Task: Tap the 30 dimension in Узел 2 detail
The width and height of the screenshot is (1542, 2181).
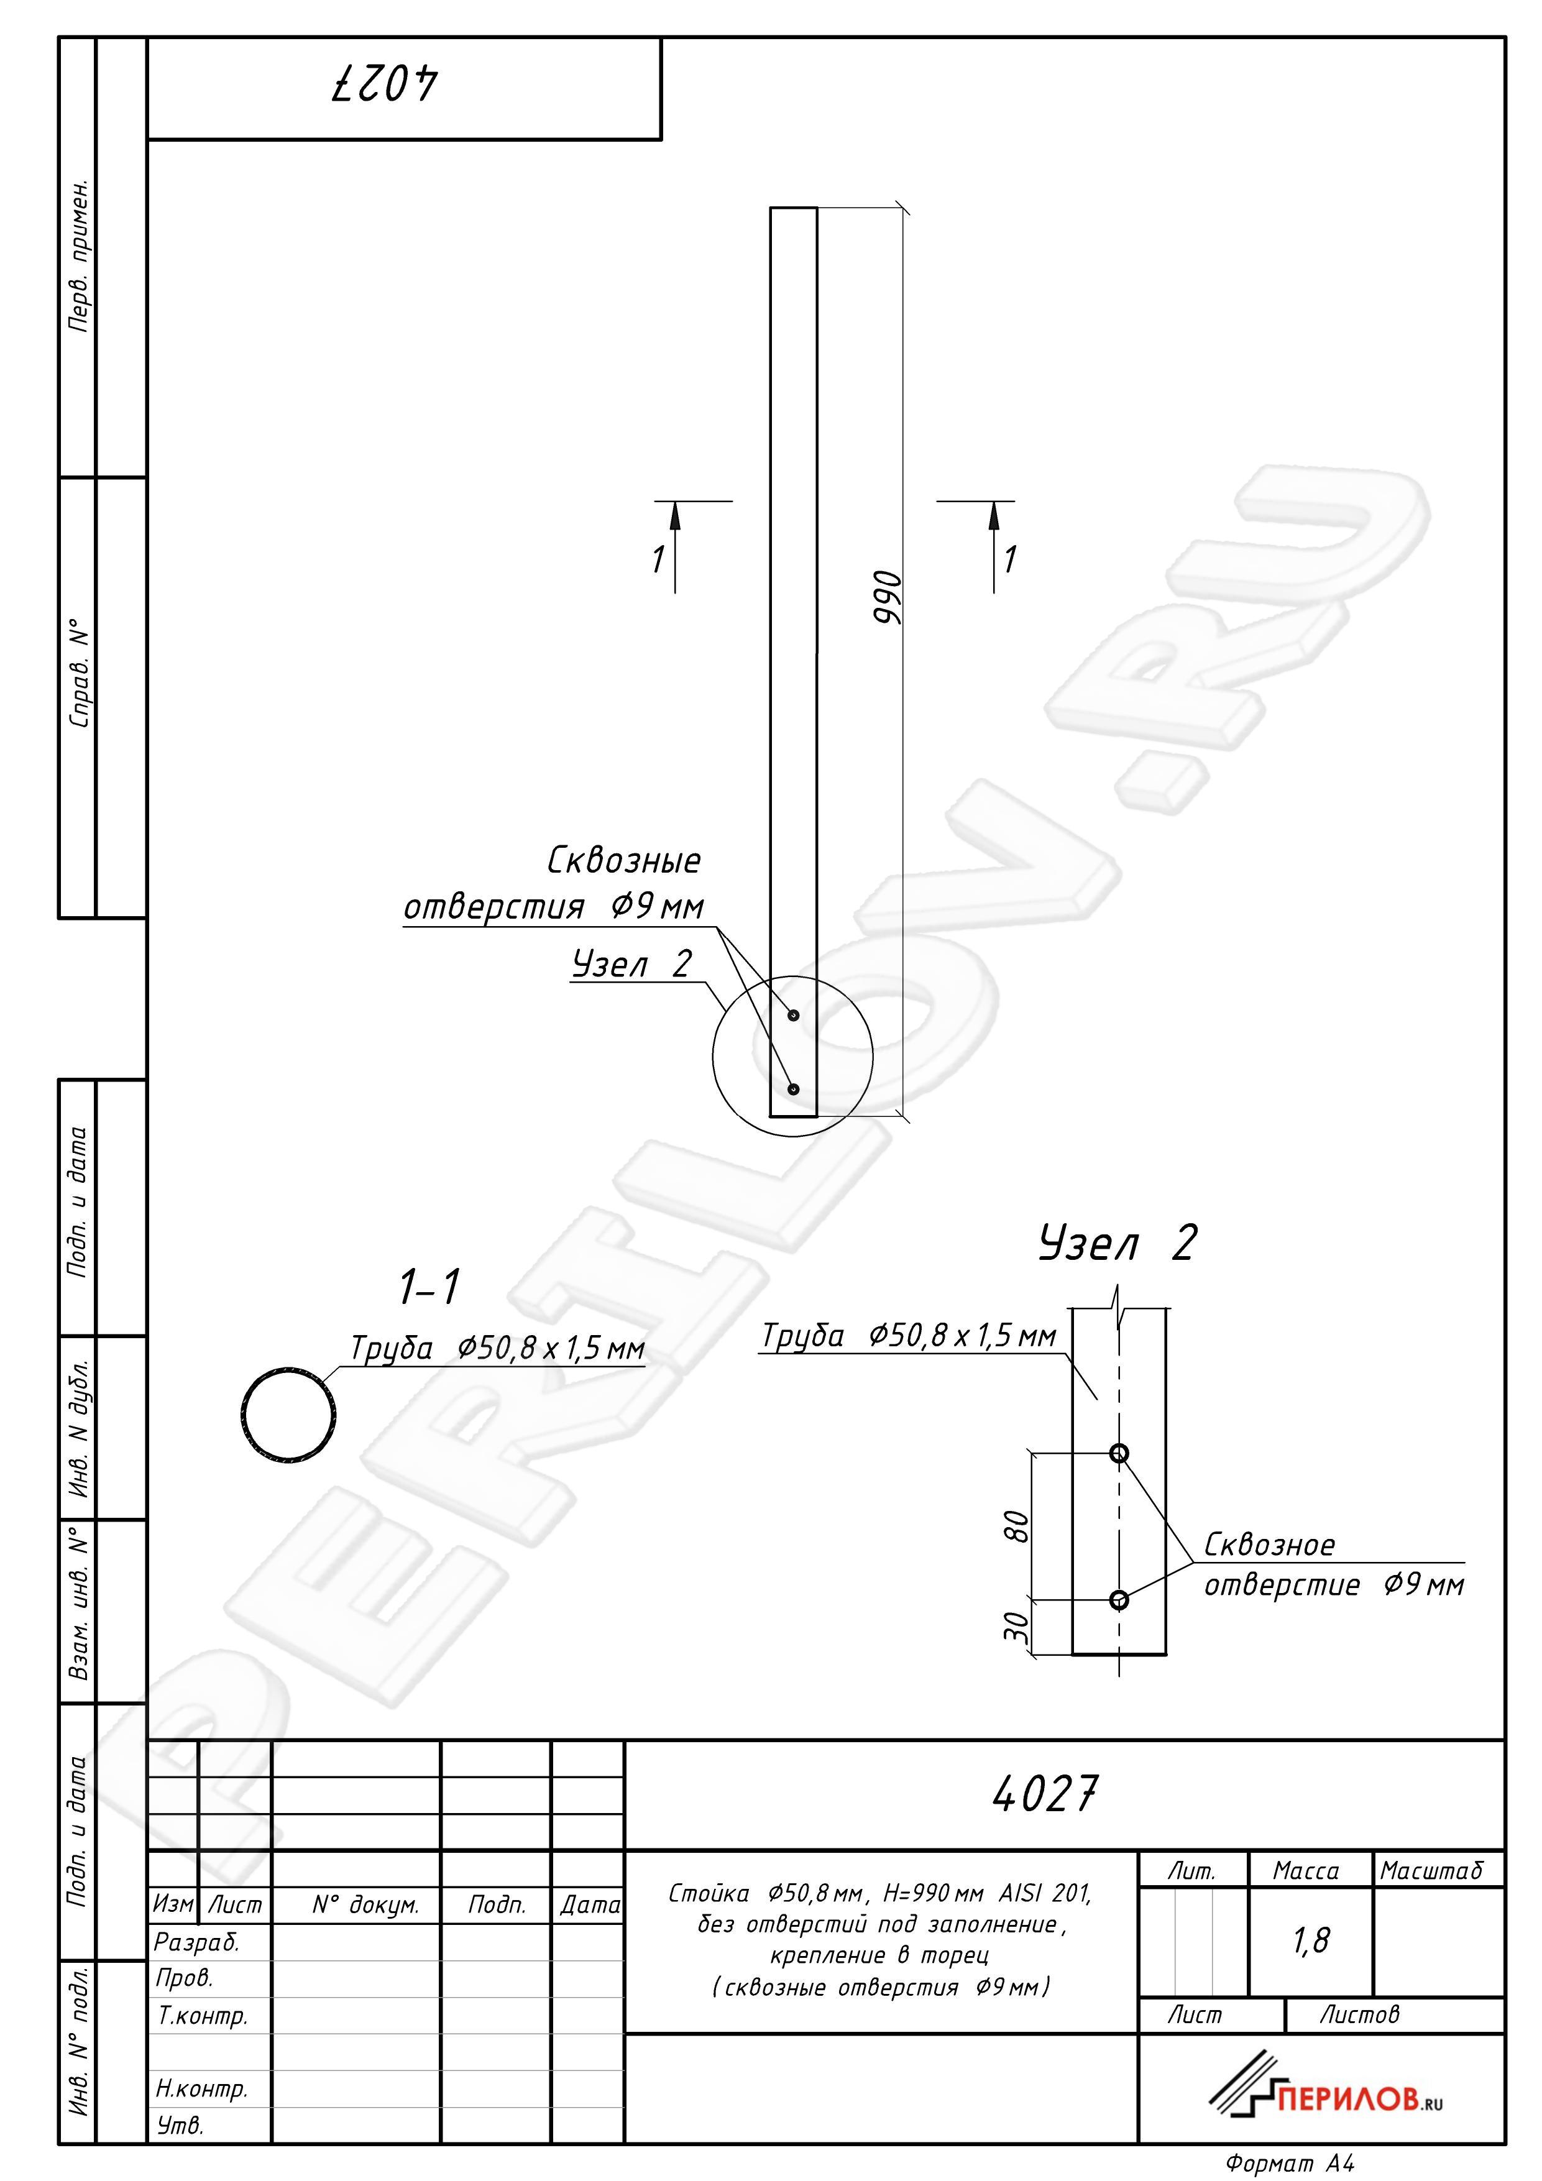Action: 1016,1627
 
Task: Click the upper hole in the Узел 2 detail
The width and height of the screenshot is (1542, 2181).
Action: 1119,1453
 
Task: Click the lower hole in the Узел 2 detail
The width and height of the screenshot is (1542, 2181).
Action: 1119,1600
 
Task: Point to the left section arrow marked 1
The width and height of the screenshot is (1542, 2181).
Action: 674,546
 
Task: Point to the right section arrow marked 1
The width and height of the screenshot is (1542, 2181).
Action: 994,546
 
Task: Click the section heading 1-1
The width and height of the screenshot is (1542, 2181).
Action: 429,1287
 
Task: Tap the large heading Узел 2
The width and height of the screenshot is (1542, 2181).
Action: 1117,1242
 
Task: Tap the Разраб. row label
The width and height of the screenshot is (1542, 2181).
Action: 196,1942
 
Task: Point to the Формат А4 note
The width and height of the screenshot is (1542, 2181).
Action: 1289,2163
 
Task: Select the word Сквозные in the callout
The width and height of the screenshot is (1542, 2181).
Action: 624,861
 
